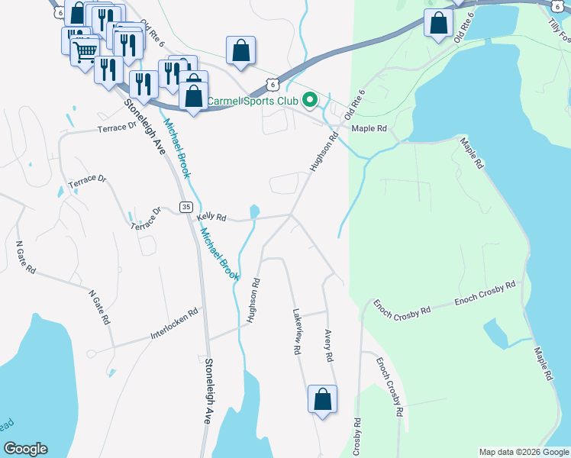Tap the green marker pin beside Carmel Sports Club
click(310, 100)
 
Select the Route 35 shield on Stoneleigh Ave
click(185, 207)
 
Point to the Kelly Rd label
click(211, 218)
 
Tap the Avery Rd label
click(328, 346)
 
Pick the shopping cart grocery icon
click(85, 53)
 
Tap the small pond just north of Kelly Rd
click(254, 210)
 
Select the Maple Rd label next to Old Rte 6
click(369, 128)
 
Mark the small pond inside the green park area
click(496, 333)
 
